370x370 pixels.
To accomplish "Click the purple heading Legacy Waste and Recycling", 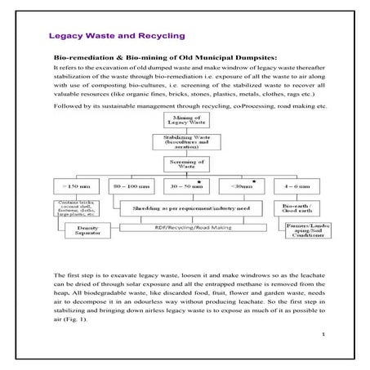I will click(x=117, y=38).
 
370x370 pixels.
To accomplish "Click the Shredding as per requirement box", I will click(x=188, y=210).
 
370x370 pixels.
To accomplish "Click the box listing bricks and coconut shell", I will click(x=79, y=209).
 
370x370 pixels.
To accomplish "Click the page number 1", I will click(x=323, y=334).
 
